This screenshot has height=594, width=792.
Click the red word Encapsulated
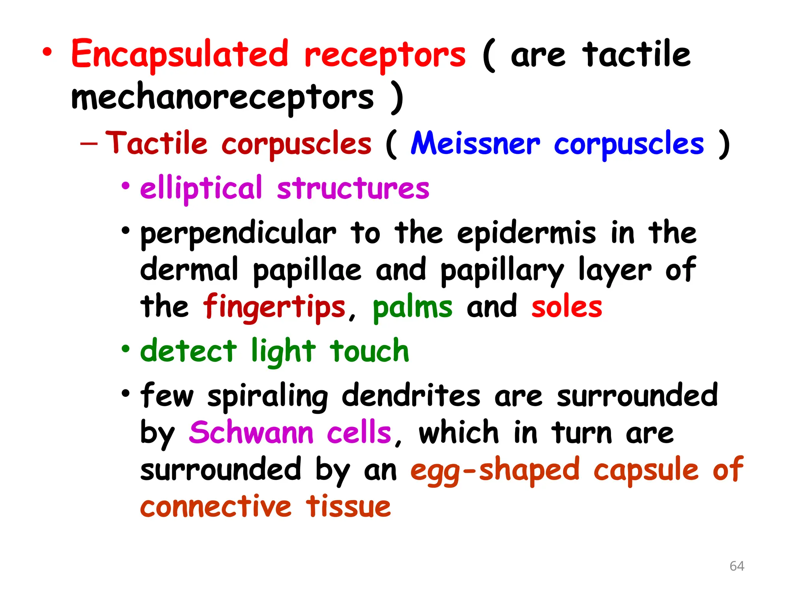[180, 54]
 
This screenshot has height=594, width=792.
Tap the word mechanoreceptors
[222, 97]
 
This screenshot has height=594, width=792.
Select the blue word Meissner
[475, 144]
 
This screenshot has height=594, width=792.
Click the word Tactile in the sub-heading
[156, 144]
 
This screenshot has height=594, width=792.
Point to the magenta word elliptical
[201, 189]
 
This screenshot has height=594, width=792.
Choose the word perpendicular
[238, 234]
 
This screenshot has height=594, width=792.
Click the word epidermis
[526, 234]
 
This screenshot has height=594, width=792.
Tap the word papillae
[307, 270]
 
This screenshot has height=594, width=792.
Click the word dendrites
[411, 396]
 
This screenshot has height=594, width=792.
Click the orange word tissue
[348, 507]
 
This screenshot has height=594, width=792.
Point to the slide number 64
[737, 566]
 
